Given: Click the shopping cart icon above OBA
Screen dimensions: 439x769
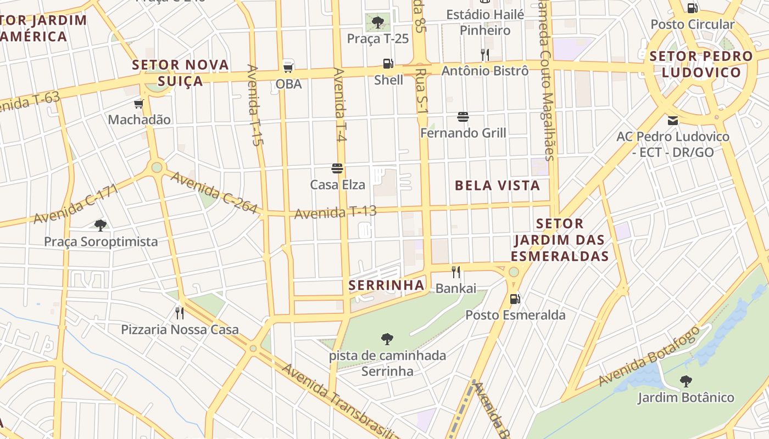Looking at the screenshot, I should (x=288, y=67).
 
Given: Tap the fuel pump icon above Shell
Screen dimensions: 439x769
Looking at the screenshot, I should (x=388, y=64).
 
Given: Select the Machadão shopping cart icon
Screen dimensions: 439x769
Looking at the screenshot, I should (x=138, y=104).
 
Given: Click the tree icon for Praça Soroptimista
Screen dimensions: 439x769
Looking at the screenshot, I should (x=101, y=225).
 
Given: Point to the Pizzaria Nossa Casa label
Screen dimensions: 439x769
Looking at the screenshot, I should (x=180, y=329).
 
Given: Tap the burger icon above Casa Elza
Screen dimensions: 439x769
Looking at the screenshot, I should (x=337, y=168).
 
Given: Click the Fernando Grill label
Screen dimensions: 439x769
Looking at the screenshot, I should (x=463, y=133).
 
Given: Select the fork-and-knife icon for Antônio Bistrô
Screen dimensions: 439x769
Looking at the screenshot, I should (x=484, y=54).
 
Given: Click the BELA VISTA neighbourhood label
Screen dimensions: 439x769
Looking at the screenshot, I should (x=497, y=185).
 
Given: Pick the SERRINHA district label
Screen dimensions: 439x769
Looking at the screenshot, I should (x=387, y=285).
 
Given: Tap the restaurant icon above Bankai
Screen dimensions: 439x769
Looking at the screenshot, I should (x=455, y=272).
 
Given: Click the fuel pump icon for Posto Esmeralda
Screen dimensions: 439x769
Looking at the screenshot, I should (x=515, y=299).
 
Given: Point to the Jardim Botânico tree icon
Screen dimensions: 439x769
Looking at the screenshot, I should (x=686, y=381).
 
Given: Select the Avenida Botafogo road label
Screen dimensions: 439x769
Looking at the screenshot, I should (x=649, y=356).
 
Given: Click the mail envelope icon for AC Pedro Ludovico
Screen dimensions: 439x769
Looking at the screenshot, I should (x=673, y=121).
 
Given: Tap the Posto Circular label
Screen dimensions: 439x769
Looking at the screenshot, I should (x=692, y=24).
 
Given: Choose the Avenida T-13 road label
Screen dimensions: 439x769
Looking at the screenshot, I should (x=335, y=212).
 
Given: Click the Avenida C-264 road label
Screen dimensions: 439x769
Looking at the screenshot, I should (x=214, y=193).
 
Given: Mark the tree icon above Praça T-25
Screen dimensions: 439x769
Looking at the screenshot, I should (x=378, y=22).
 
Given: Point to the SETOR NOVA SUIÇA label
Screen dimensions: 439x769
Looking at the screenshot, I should (x=180, y=72).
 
